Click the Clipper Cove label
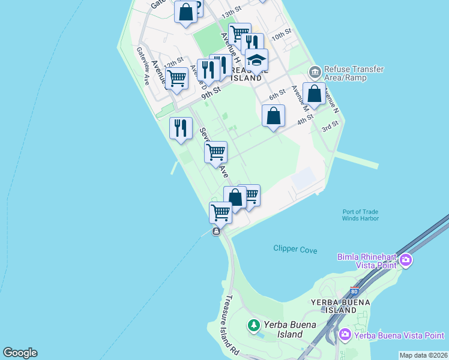click(295, 249)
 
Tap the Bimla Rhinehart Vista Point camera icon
click(406, 260)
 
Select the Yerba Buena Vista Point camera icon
click(345, 334)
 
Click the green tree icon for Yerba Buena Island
click(254, 326)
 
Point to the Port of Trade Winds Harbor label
click(360, 215)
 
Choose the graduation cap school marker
click(256, 61)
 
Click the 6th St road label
click(277, 95)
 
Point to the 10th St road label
click(281, 34)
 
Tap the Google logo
click(20, 353)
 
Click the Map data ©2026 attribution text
click(424, 355)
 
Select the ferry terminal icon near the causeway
click(216, 232)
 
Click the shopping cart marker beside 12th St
click(176, 78)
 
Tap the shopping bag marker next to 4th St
click(274, 115)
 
